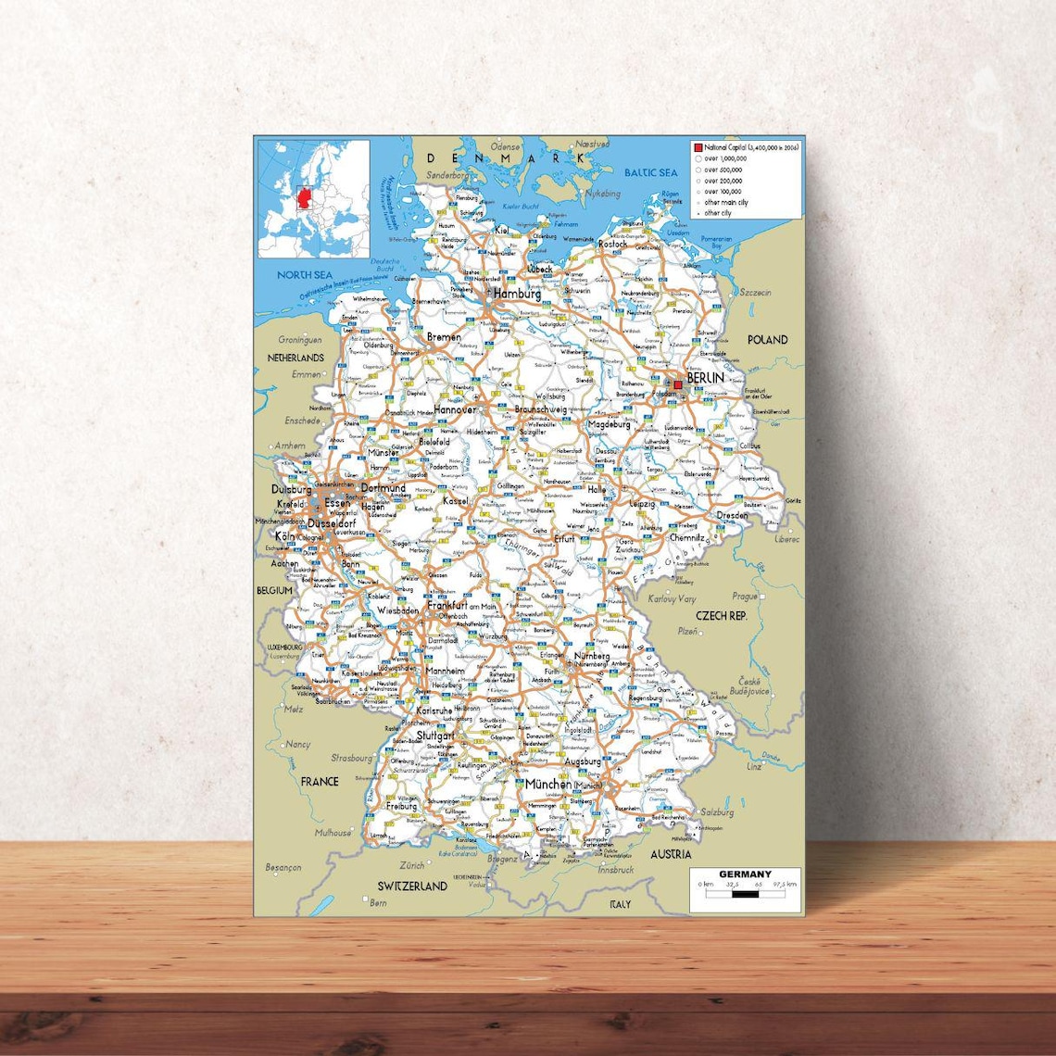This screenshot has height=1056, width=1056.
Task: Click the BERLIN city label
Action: coord(705,378)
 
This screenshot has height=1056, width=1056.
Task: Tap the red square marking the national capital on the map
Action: coord(678,384)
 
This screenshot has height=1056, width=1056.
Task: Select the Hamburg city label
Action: coord(517,294)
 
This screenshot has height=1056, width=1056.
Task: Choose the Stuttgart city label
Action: coord(435,735)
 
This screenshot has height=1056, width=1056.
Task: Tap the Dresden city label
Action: coord(732,515)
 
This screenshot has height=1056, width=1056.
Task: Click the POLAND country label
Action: coord(767,340)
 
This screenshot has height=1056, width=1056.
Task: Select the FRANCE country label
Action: coord(320,782)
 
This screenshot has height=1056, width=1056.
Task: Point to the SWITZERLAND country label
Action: coord(412,886)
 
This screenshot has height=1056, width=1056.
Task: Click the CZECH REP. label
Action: coord(722,615)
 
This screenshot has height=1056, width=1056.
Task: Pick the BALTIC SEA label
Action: coord(650,173)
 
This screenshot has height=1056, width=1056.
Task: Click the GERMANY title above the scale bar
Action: coord(745,874)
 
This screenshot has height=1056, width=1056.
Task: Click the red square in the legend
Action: coord(698,148)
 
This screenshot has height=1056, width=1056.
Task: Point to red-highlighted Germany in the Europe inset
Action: coord(302,200)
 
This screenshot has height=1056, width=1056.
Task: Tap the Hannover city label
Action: coord(455,409)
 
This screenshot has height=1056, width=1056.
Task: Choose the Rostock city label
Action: coord(612,244)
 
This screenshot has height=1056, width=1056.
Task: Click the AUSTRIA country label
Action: coord(670,854)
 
